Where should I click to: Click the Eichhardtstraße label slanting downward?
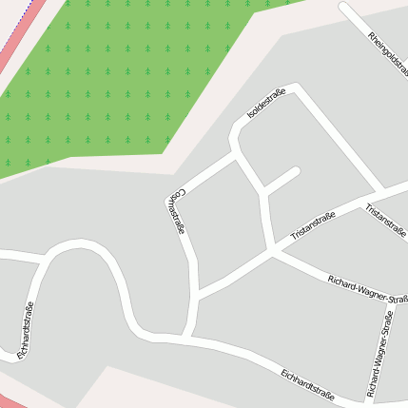pyautogui.click(x=306, y=384)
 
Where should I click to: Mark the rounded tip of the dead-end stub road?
pyautogui.click(x=296, y=172)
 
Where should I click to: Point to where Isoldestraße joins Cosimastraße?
pyautogui.click(x=234, y=155)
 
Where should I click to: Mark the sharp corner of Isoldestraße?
pyautogui.click(x=298, y=87)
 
